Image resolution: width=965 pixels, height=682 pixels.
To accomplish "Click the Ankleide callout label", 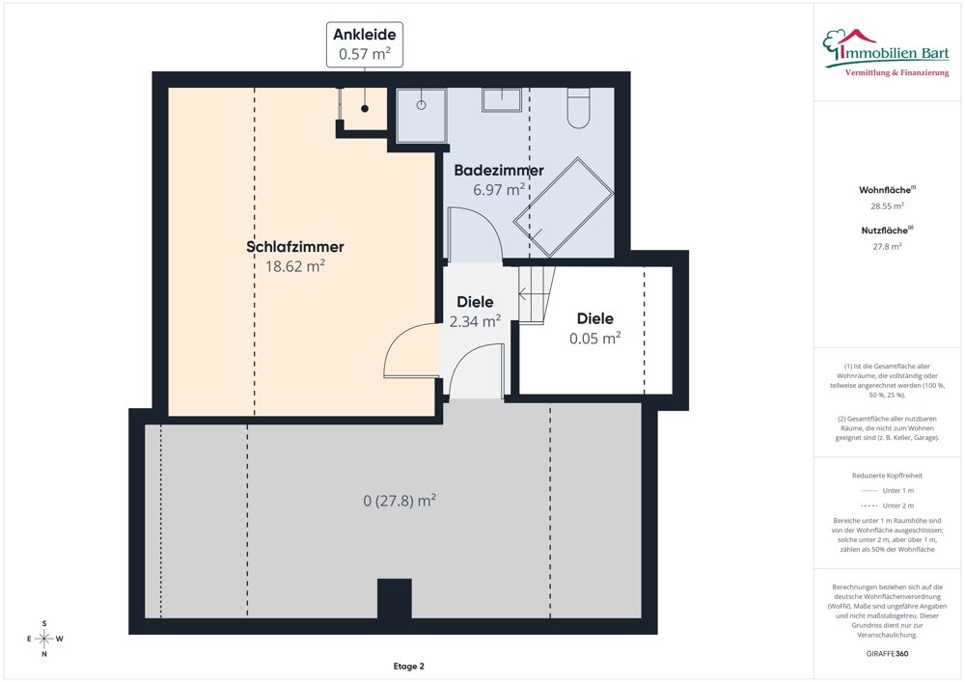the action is (x=365, y=43).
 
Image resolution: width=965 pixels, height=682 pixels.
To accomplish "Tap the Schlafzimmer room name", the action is (x=294, y=247).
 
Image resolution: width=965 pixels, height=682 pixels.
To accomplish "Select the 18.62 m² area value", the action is (x=294, y=265).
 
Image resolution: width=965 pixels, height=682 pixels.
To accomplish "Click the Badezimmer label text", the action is (x=499, y=171).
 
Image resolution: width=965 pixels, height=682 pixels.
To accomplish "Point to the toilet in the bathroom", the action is (x=578, y=108).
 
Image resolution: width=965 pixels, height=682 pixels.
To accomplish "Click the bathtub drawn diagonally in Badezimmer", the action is (x=564, y=207).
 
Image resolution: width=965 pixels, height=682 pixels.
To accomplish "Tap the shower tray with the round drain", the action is (x=422, y=116).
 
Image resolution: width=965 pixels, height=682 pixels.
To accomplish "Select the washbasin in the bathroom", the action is (x=502, y=100).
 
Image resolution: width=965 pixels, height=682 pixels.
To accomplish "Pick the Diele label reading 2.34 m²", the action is (x=475, y=312).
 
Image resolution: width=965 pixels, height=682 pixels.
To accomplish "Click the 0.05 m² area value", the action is (x=595, y=339).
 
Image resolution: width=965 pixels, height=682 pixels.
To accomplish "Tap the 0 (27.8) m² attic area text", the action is (x=400, y=501).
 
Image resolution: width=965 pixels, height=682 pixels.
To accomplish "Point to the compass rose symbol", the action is (x=44, y=639).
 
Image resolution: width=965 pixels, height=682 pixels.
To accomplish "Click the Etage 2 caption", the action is (x=408, y=666).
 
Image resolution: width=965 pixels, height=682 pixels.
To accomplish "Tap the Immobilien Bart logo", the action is (x=886, y=53).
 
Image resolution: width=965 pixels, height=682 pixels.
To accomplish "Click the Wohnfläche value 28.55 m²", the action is (x=887, y=206).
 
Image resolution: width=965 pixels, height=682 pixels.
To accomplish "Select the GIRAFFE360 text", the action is (x=887, y=654).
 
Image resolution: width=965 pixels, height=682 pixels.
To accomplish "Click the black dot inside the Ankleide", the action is (x=365, y=108).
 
